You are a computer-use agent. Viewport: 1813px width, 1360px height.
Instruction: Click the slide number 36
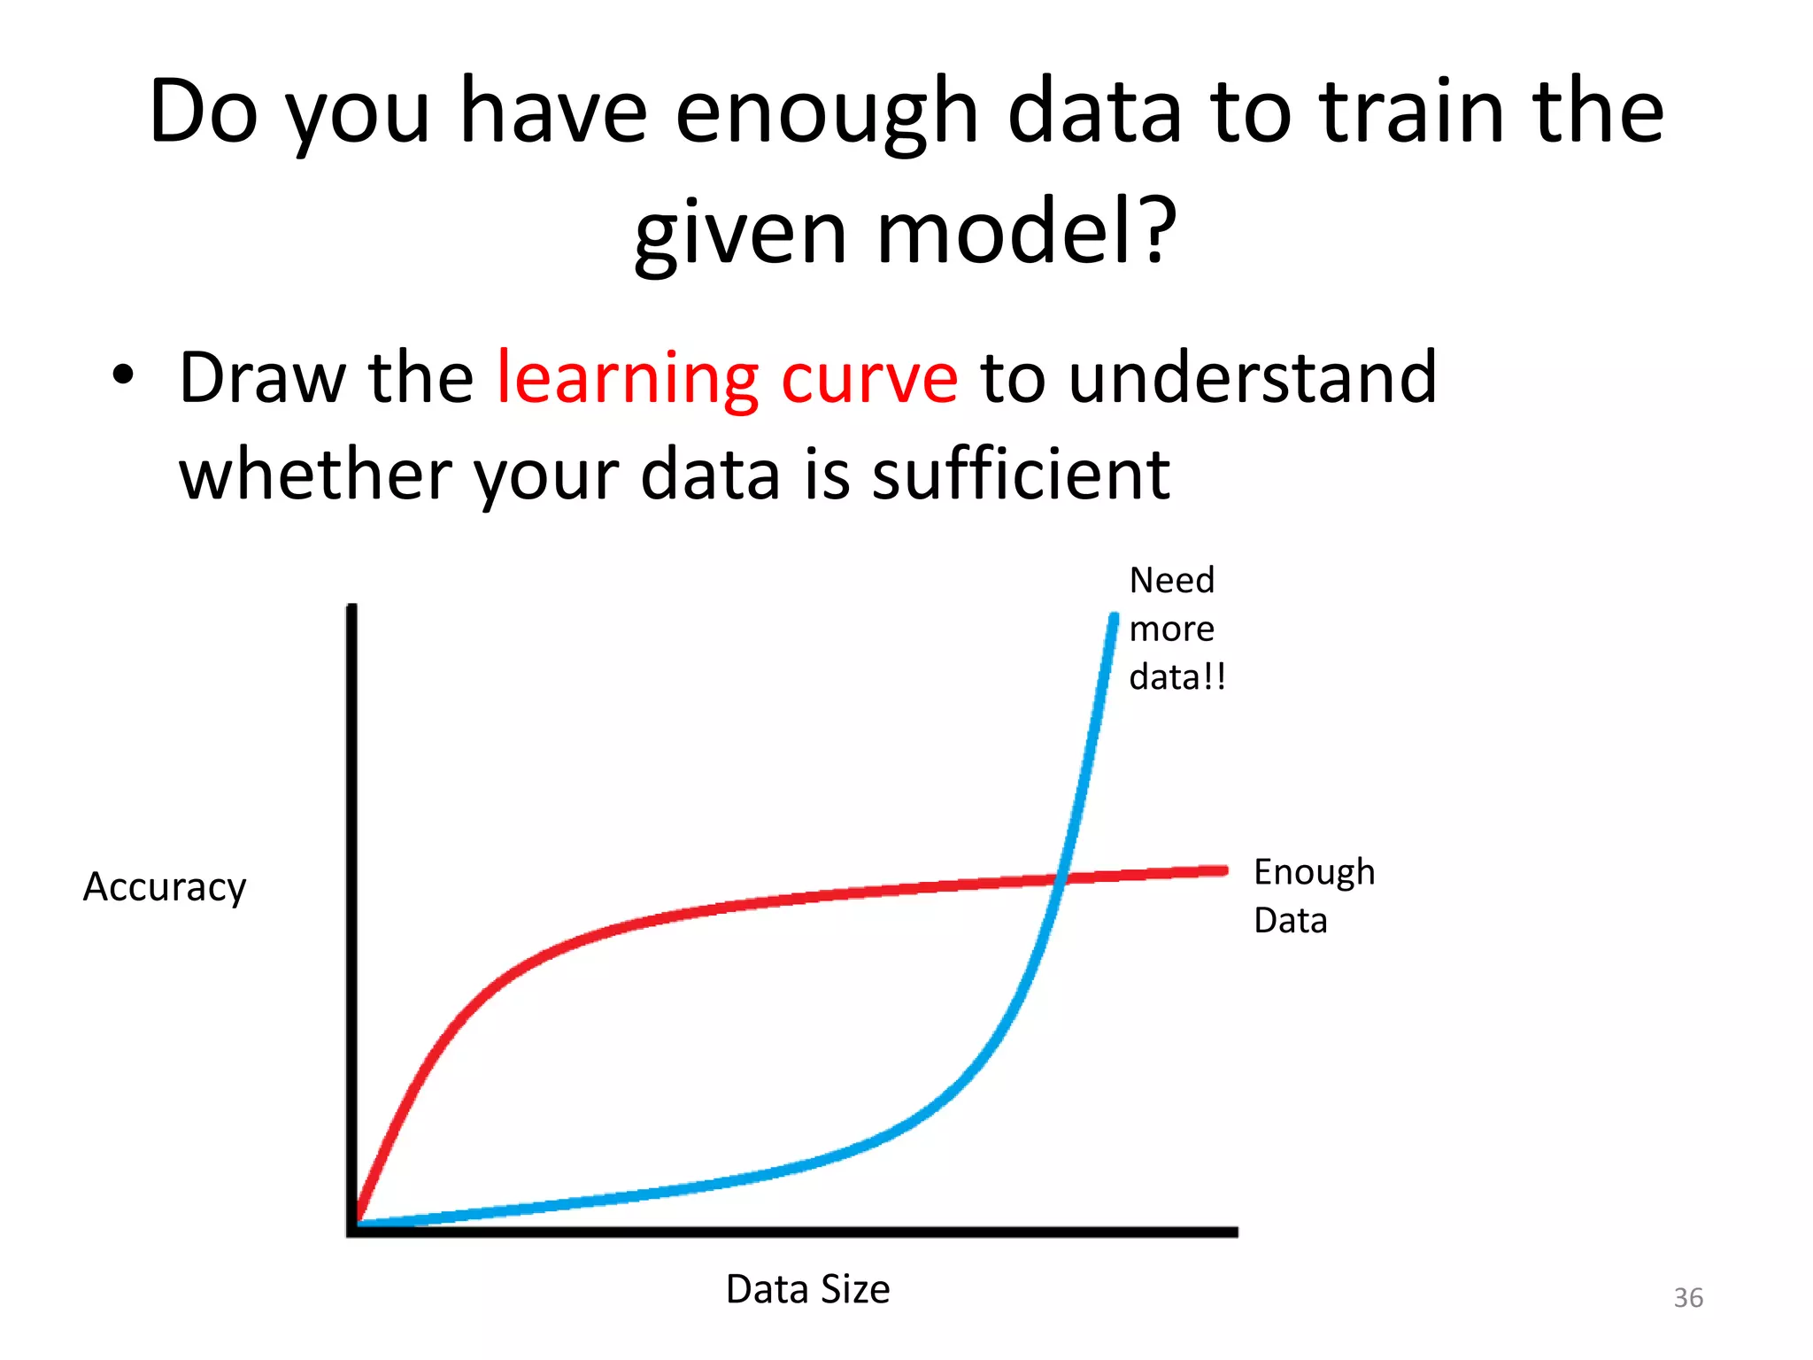[x=1687, y=1298]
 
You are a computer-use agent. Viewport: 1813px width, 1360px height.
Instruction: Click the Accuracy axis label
[x=165, y=887]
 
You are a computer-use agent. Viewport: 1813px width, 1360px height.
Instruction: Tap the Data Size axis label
[x=807, y=1289]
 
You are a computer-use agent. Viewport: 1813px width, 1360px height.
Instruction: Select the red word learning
[x=627, y=379]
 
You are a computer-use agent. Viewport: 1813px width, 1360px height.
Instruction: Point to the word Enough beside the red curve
[x=1314, y=873]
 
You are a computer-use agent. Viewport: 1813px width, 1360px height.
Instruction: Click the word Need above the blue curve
[x=1171, y=581]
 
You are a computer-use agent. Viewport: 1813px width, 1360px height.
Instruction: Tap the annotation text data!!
[x=1177, y=677]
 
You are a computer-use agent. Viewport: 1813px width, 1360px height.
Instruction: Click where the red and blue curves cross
[x=1061, y=878]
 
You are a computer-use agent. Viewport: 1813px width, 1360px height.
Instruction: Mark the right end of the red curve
[x=1224, y=870]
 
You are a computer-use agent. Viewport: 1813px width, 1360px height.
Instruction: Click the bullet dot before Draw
[x=123, y=375]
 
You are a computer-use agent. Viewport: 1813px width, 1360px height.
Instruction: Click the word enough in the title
[x=826, y=112]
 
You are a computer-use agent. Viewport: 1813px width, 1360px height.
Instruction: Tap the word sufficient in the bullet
[x=1021, y=475]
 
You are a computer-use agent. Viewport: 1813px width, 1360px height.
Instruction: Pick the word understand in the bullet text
[x=1252, y=379]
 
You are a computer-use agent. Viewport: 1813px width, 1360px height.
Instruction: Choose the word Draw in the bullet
[x=262, y=379]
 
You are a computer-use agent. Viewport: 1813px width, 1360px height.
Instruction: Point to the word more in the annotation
[x=1171, y=630]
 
